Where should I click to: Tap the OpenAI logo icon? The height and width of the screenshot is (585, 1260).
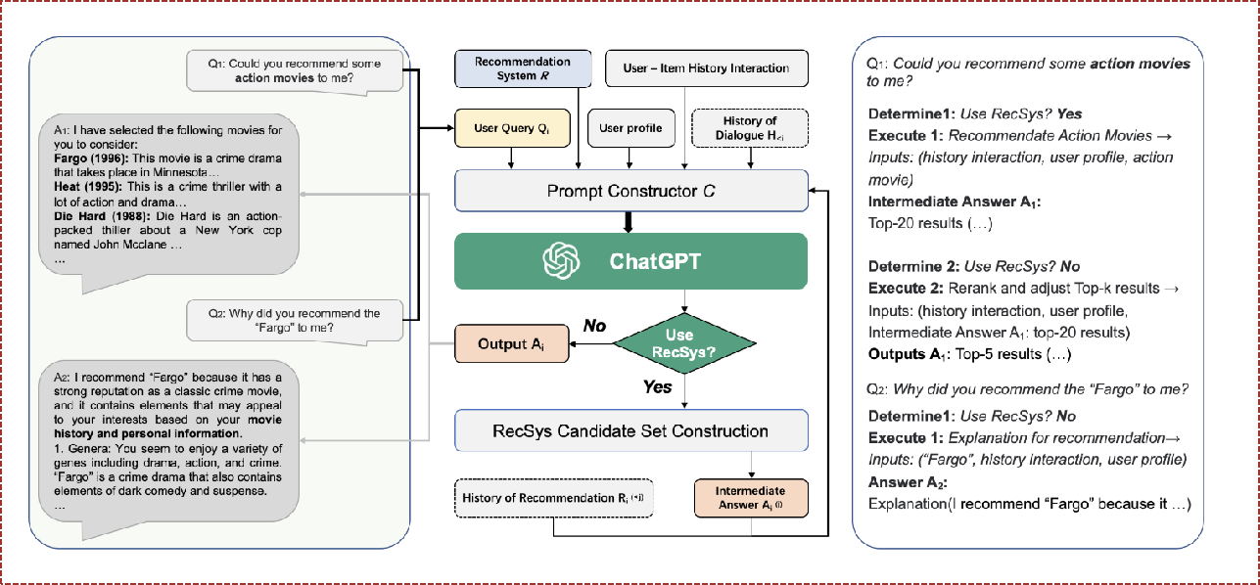[563, 261]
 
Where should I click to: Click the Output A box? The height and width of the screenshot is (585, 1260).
[511, 344]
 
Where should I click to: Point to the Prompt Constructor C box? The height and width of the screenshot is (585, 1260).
[631, 191]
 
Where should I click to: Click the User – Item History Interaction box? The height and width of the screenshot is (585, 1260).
[706, 68]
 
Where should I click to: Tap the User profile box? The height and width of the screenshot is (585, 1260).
[631, 128]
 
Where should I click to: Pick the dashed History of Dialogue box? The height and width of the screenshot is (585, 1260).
[749, 127]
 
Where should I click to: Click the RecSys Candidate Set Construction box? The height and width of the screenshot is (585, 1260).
[631, 430]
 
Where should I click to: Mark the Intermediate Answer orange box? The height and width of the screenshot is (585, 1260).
[751, 497]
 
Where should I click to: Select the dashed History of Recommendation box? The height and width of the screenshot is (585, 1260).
[554, 498]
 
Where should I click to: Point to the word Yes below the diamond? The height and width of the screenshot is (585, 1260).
[657, 387]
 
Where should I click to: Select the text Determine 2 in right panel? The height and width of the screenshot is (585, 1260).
[910, 267]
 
